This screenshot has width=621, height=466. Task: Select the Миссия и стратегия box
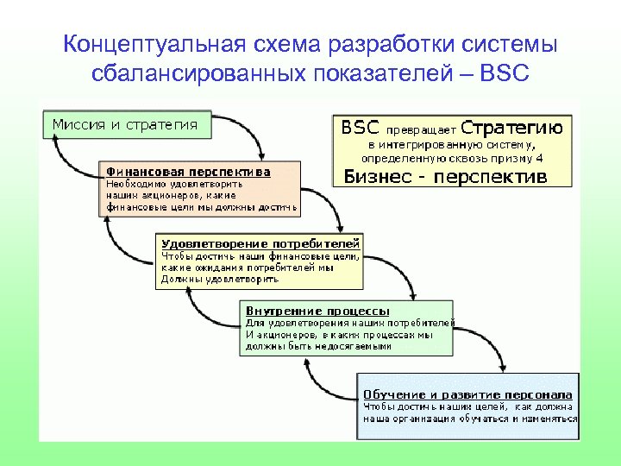[125, 124]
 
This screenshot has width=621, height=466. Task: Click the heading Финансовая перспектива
[188, 171]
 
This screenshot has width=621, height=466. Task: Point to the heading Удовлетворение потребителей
[260, 243]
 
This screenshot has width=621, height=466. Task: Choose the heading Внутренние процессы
[317, 310]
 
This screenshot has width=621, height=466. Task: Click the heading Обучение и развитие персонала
[467, 394]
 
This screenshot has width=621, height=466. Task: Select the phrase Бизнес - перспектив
[445, 178]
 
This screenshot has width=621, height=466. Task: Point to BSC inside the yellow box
[361, 128]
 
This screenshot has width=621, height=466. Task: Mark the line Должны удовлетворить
[220, 280]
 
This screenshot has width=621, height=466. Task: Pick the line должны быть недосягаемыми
[319, 346]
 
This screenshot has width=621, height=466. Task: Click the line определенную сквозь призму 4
[452, 158]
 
